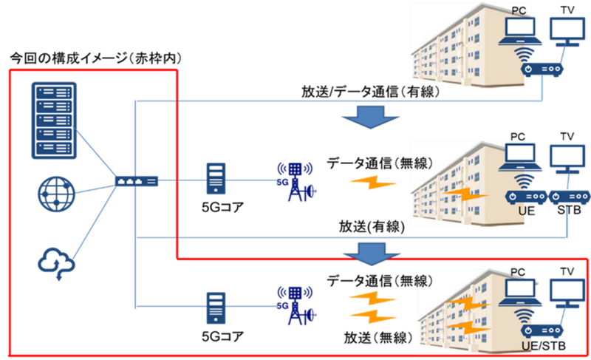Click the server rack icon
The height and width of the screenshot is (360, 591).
54,120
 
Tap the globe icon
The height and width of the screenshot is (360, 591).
57,194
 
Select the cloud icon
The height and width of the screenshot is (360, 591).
57,263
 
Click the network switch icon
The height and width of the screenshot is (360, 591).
137,181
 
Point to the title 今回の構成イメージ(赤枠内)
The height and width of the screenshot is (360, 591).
96,59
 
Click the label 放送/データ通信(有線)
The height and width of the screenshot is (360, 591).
371,92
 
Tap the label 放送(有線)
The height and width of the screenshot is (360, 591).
372,226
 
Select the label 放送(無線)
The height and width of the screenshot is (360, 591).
378,338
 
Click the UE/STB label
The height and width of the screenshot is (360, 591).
544,345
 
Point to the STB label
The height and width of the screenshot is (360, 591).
569,210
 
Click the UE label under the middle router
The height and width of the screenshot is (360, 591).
527,211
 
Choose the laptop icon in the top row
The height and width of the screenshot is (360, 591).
520,31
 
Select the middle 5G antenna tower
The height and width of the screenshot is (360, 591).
297,182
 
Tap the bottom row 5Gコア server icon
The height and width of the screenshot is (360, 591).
216,308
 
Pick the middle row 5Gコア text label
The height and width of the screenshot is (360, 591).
223,207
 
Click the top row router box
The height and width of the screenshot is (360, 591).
542,69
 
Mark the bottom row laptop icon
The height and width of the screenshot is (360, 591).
520,293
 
